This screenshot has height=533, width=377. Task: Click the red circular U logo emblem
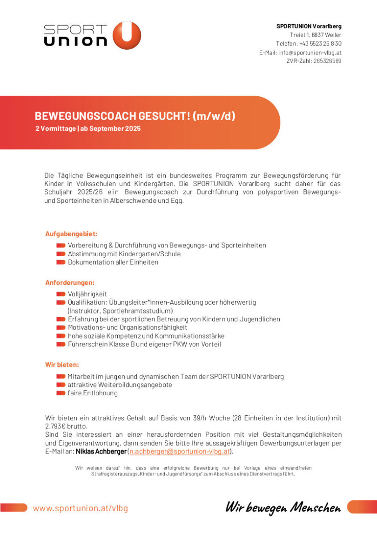pos(127,35)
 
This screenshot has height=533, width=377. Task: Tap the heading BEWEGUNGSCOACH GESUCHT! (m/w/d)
pos(135,116)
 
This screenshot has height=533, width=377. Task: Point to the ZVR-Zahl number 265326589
pos(327,61)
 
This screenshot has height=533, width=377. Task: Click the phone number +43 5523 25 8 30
pos(320,44)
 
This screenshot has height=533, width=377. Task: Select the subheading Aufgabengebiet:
pos(71,234)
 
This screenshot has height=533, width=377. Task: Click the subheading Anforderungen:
pos(70,282)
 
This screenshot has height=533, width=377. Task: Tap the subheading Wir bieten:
pos(62,365)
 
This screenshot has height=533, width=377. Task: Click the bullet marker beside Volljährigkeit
pos(61,294)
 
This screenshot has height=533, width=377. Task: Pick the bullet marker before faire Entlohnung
pos(61,393)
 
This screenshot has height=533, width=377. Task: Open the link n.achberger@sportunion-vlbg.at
pos(180,451)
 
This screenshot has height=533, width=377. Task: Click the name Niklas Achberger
pos(101,451)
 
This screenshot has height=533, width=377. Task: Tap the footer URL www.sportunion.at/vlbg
pos(80,508)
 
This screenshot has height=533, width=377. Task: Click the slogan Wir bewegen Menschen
pos(283,507)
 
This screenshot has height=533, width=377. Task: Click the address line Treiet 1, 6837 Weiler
pos(316,35)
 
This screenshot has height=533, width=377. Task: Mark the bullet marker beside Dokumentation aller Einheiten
pos(61,262)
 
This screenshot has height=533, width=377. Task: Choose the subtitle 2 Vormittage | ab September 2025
pos(88,129)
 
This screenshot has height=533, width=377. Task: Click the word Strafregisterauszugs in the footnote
pos(110,474)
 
